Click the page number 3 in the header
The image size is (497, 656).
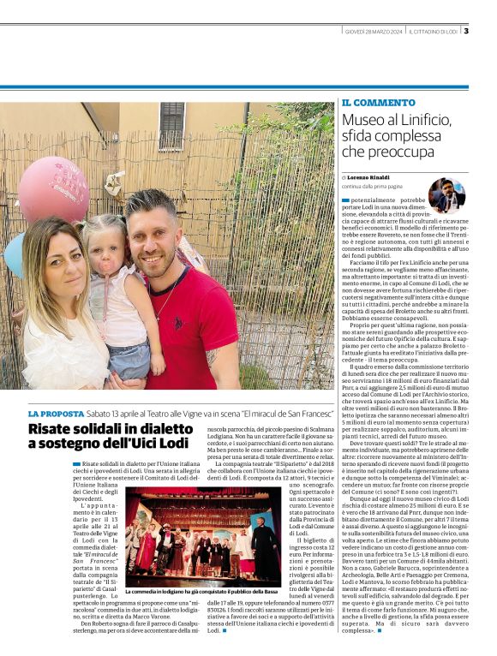point(465,32)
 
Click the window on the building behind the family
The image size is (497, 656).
point(171,125)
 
